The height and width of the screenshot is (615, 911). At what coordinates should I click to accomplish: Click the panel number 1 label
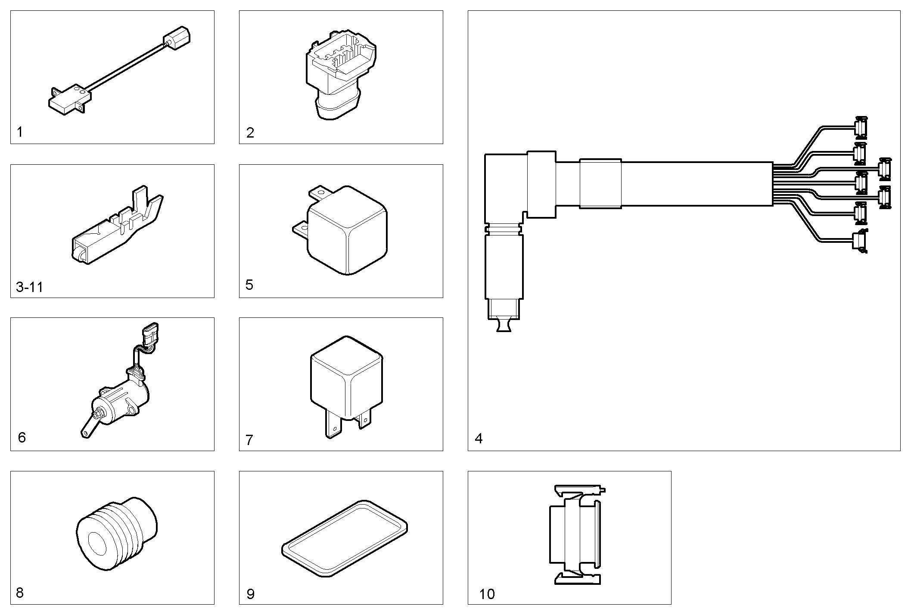pyautogui.click(x=19, y=132)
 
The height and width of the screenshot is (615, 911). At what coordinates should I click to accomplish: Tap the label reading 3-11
pyautogui.click(x=29, y=287)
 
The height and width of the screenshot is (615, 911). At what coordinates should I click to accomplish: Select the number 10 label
pyautogui.click(x=487, y=594)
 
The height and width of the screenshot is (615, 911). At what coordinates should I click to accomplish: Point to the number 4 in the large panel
pyautogui.click(x=479, y=439)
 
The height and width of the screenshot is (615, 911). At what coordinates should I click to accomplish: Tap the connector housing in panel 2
pyautogui.click(x=340, y=78)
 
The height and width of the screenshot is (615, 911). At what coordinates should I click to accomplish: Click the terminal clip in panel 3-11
pyautogui.click(x=116, y=229)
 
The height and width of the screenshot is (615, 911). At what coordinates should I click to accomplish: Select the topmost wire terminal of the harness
pyautogui.click(x=861, y=127)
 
